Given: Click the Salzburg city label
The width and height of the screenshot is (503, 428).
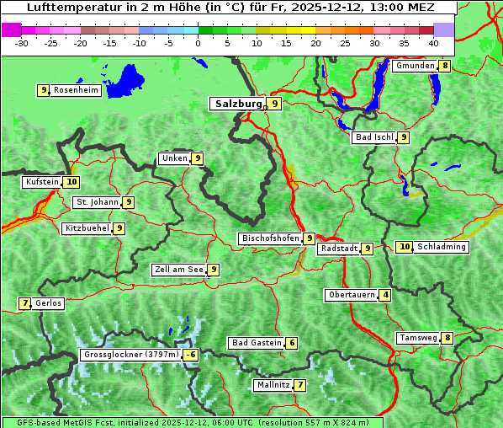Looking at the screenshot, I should [239, 104].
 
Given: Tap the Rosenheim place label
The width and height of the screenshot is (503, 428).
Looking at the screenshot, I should [76, 90].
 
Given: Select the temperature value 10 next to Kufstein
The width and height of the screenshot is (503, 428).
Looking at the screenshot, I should [71, 181].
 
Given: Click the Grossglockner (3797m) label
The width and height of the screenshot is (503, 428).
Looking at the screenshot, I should [132, 355].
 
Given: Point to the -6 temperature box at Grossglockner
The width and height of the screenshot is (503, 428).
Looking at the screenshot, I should [191, 355].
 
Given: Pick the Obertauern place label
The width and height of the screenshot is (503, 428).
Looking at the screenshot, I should [351, 295].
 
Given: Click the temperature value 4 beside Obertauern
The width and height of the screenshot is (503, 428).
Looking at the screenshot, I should [385, 295].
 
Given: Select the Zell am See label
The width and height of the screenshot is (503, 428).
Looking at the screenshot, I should [178, 270].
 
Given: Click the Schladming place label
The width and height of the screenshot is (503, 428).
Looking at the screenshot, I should [442, 247].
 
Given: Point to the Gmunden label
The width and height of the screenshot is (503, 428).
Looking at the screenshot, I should [415, 66].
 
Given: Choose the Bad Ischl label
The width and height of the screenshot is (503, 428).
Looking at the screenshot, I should [373, 137].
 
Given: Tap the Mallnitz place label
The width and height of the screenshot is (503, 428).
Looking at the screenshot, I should [273, 385].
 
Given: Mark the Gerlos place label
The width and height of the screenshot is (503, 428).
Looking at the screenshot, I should [49, 303].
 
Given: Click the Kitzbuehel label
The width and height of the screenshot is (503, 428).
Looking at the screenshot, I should [87, 228].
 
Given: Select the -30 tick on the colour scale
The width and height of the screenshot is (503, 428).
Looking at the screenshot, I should [22, 42].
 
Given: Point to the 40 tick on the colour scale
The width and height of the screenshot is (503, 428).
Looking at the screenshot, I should [433, 42].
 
